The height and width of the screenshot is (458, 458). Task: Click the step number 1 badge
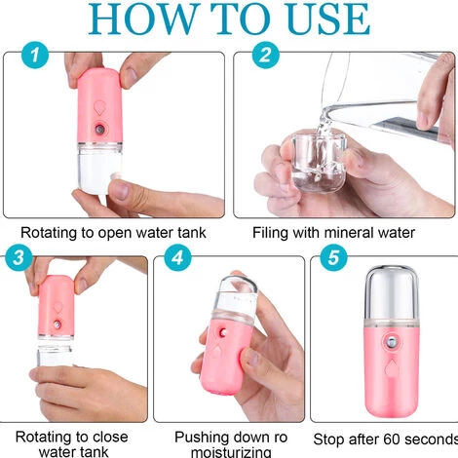coord(35,55)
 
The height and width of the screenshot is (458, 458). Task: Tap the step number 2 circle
coord(266,55)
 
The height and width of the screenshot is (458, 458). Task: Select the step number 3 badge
coord(19,257)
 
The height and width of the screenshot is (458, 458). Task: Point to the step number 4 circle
coord(177,257)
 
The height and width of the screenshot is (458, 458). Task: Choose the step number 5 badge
coord(333,257)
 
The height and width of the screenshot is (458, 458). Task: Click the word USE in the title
coord(328,19)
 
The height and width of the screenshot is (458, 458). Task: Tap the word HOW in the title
coord(141,19)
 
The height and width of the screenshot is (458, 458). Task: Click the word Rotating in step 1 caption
coord(49,233)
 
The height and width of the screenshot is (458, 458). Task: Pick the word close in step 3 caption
coord(109,437)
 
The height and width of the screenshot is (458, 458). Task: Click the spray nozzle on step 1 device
coord(99,130)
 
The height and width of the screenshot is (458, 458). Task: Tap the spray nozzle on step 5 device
coord(392,343)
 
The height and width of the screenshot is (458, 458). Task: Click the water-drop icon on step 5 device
coord(391,368)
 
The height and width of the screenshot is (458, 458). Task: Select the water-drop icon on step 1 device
coord(99,108)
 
